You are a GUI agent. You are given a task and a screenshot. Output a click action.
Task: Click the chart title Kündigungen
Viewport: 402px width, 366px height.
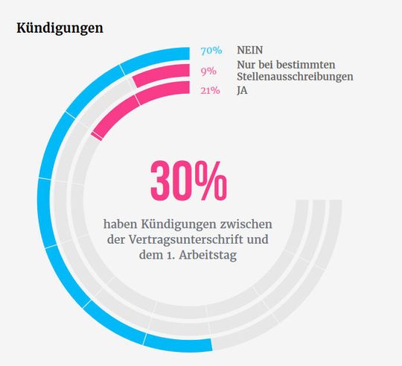click(59, 28)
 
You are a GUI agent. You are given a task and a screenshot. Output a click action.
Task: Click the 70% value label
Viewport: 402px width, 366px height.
click(211, 51)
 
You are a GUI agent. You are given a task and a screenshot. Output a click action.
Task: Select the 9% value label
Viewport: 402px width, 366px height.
click(208, 71)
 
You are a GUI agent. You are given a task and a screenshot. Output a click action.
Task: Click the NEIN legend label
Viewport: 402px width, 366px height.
click(251, 51)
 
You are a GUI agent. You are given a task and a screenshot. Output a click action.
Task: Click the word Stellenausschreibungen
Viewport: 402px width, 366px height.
click(294, 76)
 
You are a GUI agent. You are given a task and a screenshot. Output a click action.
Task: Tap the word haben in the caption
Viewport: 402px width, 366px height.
click(121, 223)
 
